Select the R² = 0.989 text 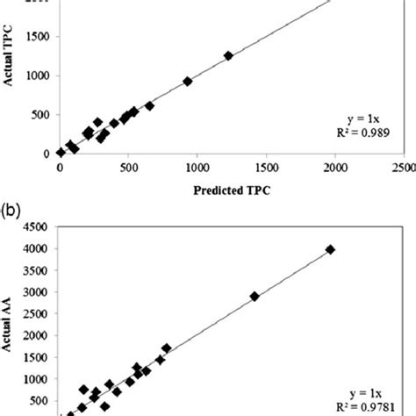(x=361, y=133)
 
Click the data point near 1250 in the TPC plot (x=228, y=55)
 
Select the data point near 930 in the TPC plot (x=188, y=82)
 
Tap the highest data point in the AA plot (x=330, y=249)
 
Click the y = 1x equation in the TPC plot (x=362, y=119)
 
